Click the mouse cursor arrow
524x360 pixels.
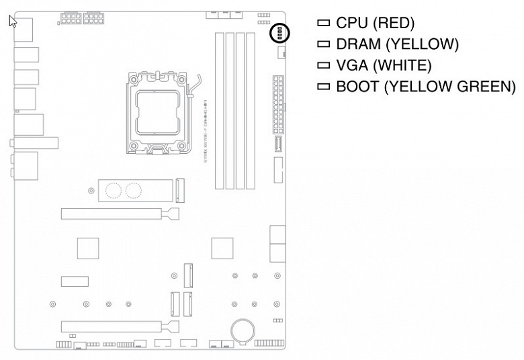pyautogui.click(x=12, y=21)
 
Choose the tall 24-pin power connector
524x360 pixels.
pyautogui.click(x=277, y=105)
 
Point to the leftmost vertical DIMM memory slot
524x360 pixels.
pyautogui.click(x=219, y=111)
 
